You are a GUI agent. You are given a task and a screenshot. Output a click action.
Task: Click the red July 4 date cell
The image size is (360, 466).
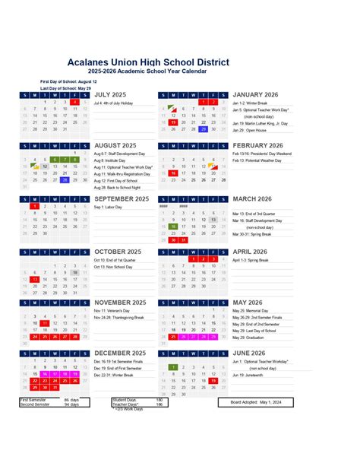75,101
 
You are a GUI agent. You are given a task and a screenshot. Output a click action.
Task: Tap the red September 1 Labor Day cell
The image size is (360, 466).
35,206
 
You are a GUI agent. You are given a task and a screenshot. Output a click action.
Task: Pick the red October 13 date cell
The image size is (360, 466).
35,279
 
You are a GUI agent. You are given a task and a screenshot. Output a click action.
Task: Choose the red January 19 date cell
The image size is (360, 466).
173,122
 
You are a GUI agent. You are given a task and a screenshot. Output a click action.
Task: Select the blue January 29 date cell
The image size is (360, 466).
204,128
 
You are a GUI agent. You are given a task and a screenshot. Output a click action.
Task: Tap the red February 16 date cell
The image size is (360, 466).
173,173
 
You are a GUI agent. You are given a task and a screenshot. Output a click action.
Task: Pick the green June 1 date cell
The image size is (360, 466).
173,367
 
